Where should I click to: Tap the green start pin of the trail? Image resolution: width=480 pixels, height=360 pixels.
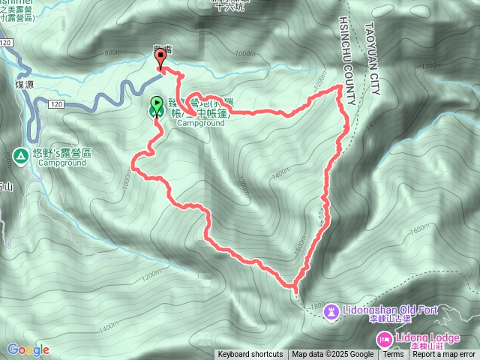tap(157, 106)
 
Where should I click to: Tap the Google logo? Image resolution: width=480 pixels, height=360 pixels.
tap(28, 349)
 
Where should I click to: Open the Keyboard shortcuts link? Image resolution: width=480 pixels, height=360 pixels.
tap(250, 355)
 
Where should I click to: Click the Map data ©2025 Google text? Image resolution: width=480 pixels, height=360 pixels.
tap(333, 355)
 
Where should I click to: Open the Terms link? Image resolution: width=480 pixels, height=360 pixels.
tap(393, 355)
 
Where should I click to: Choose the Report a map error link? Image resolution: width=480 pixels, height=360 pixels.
tap(444, 355)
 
